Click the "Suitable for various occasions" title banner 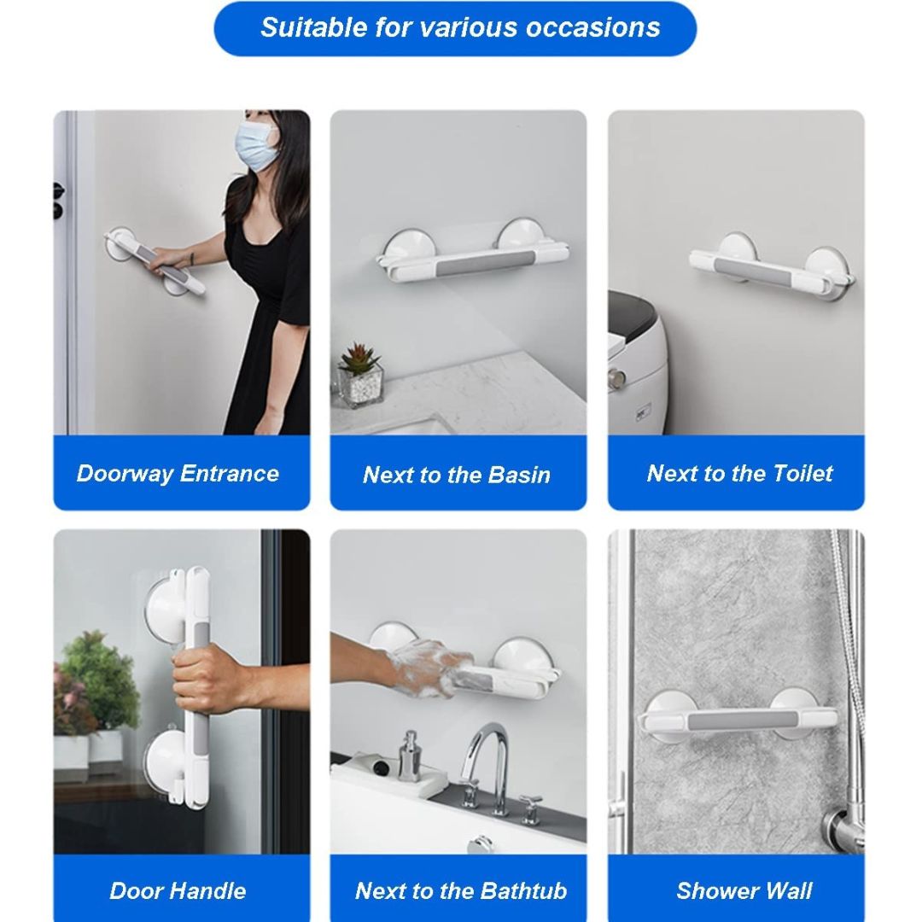(456, 28)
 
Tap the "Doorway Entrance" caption (178, 473)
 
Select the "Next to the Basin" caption (456, 475)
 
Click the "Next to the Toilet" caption (739, 473)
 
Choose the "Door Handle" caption (178, 890)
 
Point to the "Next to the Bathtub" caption (461, 890)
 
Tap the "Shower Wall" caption (744, 890)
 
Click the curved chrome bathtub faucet (486, 764)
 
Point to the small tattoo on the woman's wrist (192, 258)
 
